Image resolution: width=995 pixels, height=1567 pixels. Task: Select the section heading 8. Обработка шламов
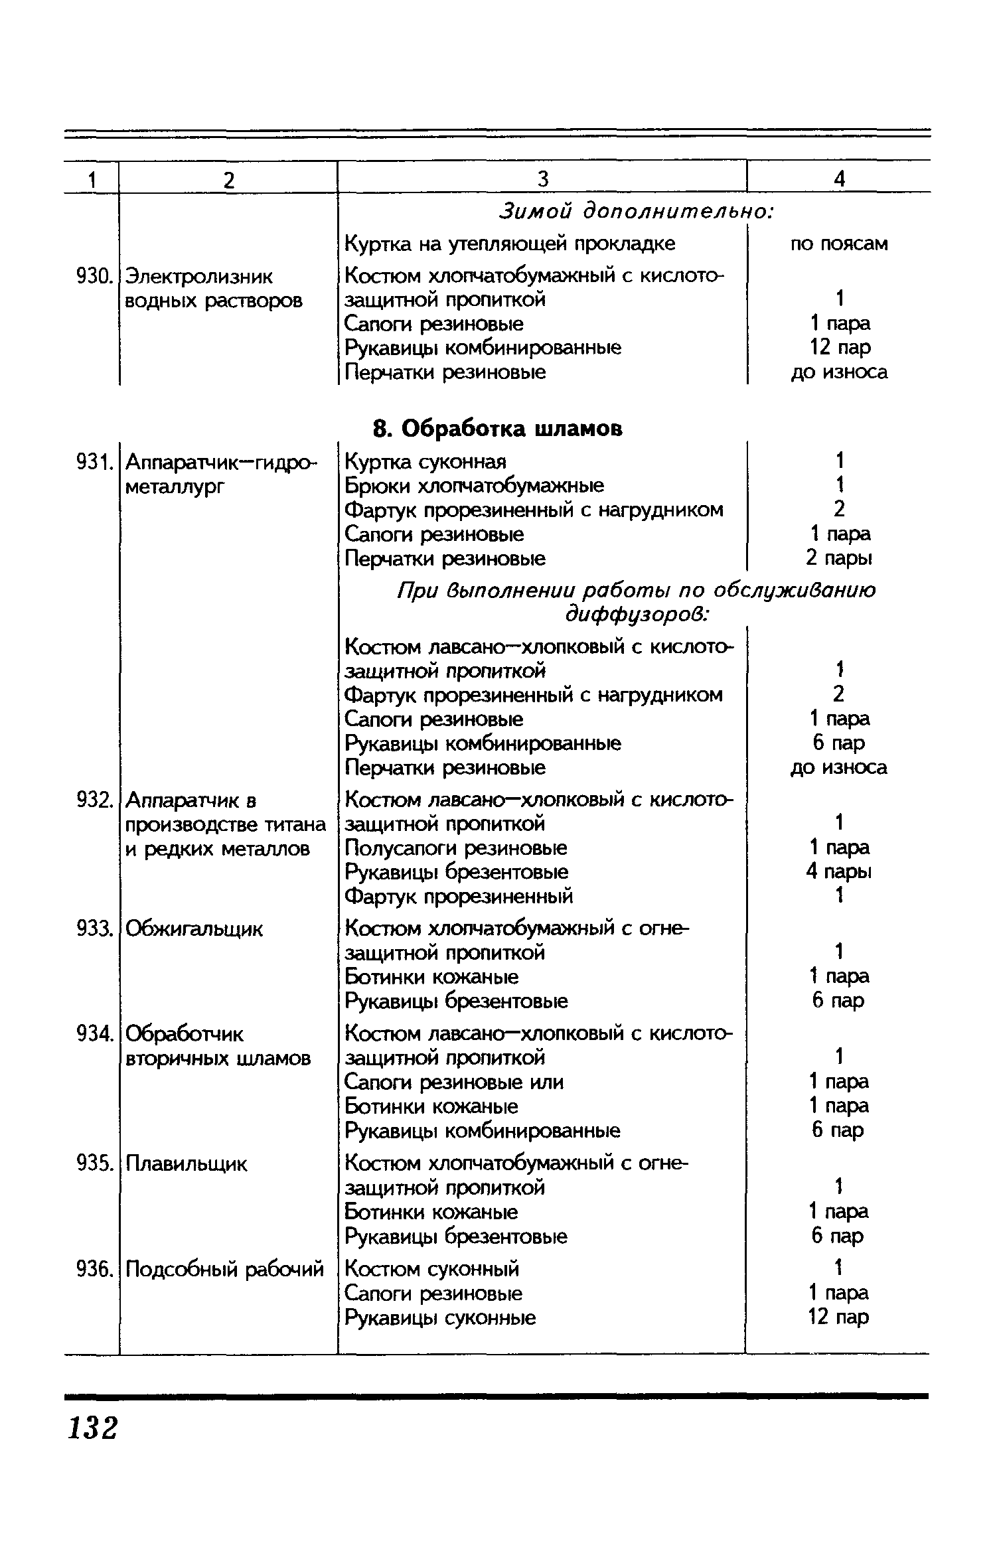(x=498, y=429)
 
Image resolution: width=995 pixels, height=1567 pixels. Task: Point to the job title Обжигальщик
(x=194, y=929)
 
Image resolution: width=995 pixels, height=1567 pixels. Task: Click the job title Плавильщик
(x=186, y=1163)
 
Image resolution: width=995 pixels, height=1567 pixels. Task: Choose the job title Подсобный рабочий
(x=224, y=1269)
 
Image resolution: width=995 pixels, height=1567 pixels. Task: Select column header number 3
(x=543, y=179)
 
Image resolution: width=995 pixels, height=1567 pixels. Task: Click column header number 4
(x=840, y=179)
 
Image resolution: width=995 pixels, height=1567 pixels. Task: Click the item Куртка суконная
(x=425, y=461)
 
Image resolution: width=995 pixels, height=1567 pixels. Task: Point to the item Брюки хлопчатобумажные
(x=475, y=486)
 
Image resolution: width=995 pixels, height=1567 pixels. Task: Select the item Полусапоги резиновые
(x=456, y=848)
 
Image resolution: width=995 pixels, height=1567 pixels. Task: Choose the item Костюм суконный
(x=432, y=1269)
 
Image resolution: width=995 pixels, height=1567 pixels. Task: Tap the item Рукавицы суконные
(x=440, y=1317)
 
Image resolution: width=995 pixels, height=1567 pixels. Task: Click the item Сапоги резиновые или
(x=454, y=1082)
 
